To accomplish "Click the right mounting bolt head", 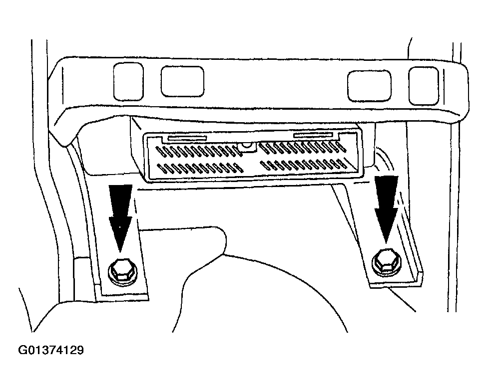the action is [386, 261].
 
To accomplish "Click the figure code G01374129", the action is [51, 350].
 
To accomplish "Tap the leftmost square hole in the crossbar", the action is [128, 82].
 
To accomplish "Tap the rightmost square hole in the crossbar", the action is [423, 86].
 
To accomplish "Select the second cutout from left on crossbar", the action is [183, 82].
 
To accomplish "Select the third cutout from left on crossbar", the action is [369, 86].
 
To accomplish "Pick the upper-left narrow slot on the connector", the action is [187, 138].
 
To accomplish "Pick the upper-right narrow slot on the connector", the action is [314, 135].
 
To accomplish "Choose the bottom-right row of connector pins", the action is [304, 165].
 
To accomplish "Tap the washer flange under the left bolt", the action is [123, 278].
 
